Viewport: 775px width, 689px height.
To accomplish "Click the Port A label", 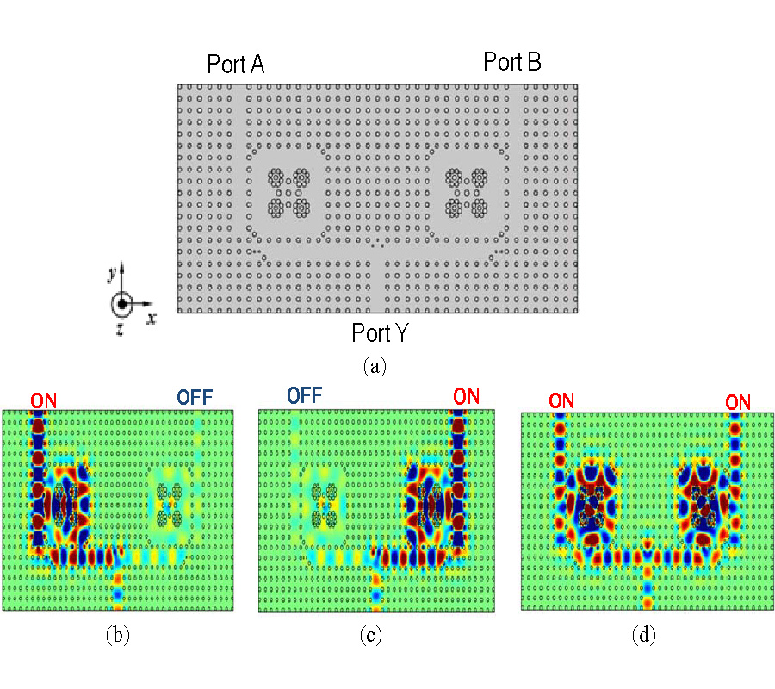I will (x=235, y=65).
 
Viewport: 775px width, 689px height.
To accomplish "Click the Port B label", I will (x=512, y=62).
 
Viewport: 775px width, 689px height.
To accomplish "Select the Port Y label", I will (x=380, y=332).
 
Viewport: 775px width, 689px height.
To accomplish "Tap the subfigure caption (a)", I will (x=375, y=366).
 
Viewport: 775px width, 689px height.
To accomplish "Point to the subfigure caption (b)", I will (x=117, y=636).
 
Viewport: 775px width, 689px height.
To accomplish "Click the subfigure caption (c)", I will (x=371, y=636).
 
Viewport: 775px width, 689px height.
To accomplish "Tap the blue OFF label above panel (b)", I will (x=195, y=397).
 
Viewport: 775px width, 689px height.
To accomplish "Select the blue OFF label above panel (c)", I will (x=305, y=395).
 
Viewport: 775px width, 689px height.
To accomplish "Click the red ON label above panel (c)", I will (x=466, y=396).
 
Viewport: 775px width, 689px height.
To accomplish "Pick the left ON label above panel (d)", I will (x=562, y=401).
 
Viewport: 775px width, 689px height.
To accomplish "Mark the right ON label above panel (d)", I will (x=737, y=401).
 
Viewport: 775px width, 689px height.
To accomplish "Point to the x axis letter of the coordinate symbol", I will (x=152, y=317).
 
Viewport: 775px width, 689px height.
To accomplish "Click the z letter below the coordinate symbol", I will (x=120, y=329).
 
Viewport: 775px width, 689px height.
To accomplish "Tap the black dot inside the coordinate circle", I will (x=123, y=304).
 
